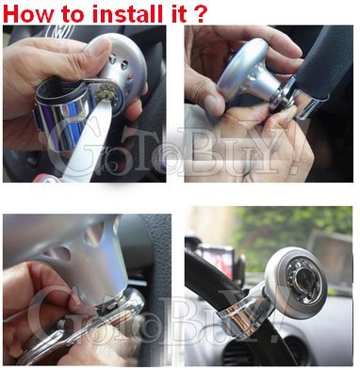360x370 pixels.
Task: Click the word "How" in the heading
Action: (x=28, y=13)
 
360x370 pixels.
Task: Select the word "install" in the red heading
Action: (x=123, y=13)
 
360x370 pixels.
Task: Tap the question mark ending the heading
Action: (x=202, y=13)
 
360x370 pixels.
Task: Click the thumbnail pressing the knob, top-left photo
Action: (x=98, y=48)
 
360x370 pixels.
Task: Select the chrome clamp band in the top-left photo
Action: (x=63, y=113)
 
